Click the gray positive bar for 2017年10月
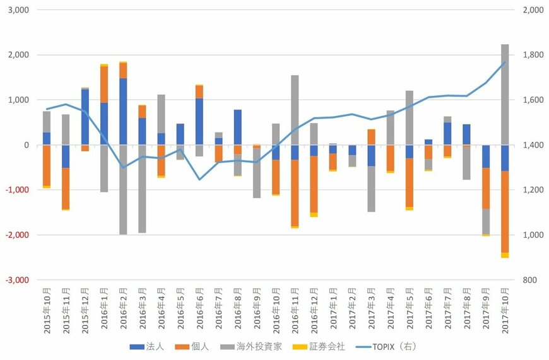[x=505, y=95]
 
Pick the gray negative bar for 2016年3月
[x=142, y=189]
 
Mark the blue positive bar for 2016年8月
[x=237, y=127]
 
